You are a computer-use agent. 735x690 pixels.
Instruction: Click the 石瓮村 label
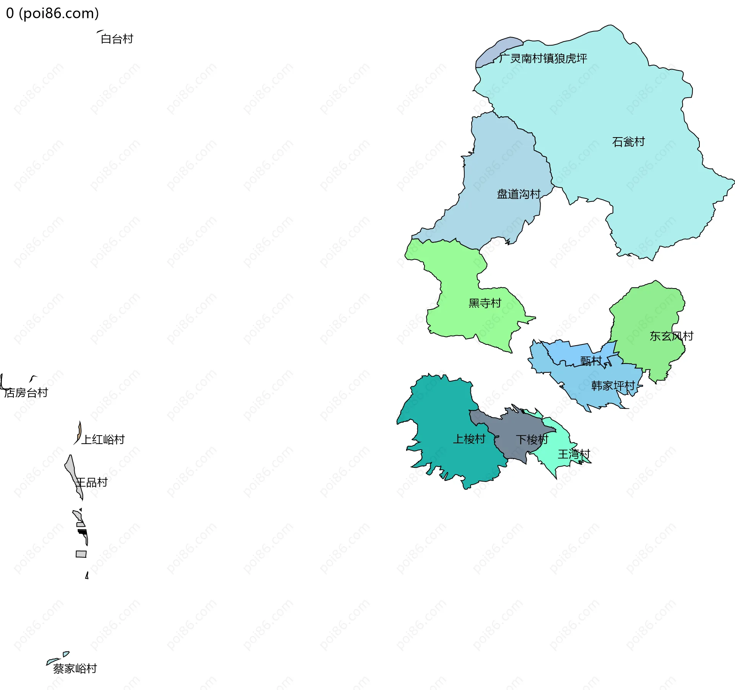click(628, 142)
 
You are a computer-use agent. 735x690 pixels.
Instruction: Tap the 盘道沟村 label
click(518, 194)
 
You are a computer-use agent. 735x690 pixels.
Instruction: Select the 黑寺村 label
click(485, 303)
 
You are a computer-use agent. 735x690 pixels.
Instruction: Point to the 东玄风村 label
click(671, 336)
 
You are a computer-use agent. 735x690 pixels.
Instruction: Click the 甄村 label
click(591, 361)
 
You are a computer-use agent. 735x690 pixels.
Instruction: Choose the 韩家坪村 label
click(613, 385)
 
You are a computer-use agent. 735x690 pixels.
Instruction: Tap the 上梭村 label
click(469, 439)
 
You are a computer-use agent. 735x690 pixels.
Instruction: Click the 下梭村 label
click(532, 439)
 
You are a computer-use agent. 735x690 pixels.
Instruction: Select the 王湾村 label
click(574, 454)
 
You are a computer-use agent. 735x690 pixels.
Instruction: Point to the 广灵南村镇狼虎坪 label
click(543, 58)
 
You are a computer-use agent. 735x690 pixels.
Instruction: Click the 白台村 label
click(117, 39)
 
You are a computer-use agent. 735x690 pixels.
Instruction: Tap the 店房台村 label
click(26, 393)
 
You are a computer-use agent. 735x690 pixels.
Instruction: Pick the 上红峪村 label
click(103, 439)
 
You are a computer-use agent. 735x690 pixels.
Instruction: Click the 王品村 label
click(91, 482)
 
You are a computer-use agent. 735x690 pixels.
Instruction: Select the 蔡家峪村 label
click(75, 669)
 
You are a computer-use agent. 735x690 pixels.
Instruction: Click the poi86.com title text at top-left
click(52, 13)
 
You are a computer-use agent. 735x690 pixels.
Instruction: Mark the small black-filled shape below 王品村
click(82, 532)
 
